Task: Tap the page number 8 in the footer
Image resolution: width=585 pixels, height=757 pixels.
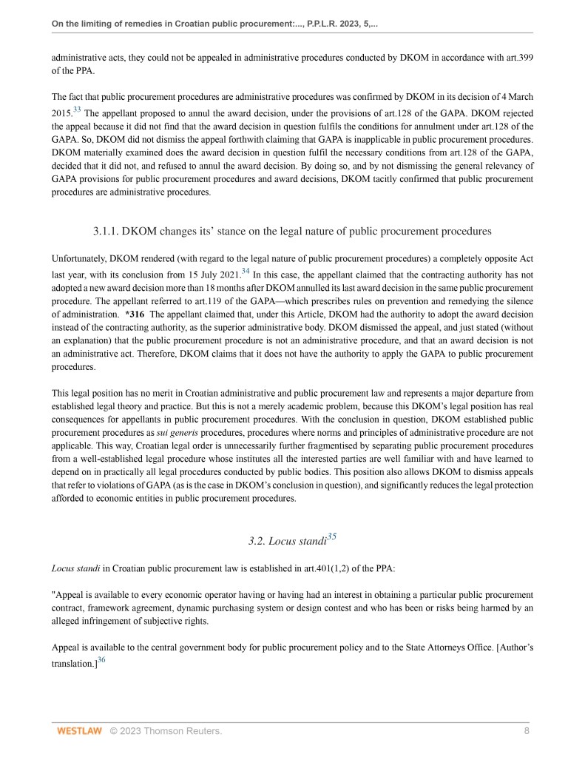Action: pos(527,731)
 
